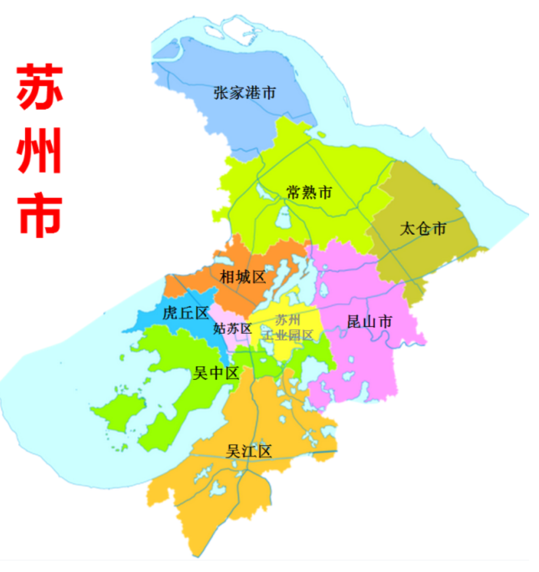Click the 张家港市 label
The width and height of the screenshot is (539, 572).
(245, 92)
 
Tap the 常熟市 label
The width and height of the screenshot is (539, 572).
(310, 193)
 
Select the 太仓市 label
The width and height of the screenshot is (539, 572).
(422, 228)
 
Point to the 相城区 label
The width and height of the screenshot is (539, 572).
(243, 277)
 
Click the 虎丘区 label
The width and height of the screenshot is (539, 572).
(186, 313)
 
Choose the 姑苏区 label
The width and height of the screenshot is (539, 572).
(232, 329)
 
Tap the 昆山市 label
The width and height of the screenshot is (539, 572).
(370, 322)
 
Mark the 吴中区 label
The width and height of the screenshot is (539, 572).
(216, 374)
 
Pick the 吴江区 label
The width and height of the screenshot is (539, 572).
(249, 452)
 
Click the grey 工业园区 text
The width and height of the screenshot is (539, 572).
(288, 335)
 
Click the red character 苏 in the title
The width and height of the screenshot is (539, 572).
(40, 88)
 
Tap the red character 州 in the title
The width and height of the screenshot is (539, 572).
(40, 151)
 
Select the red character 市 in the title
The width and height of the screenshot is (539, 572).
(40, 215)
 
